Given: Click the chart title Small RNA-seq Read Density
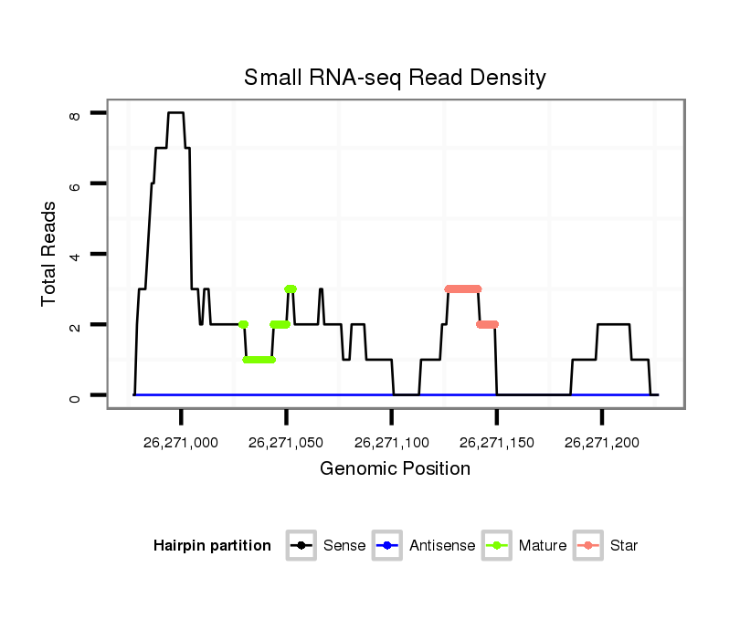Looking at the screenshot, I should tap(395, 78).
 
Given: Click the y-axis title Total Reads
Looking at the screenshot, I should tap(49, 254).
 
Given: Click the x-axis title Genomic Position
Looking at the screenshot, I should tap(395, 469).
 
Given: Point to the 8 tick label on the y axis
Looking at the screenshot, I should tap(75, 113).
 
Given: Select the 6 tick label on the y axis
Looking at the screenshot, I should tap(75, 184).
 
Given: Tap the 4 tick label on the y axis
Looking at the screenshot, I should tap(75, 254).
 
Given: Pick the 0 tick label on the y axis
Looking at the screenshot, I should tap(75, 395).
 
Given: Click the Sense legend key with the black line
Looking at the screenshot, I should tap(301, 546).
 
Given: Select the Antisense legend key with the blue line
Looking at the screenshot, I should tap(387, 546).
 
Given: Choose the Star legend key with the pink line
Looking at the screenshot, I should tap(588, 546).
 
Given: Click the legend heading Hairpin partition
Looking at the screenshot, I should tap(212, 546).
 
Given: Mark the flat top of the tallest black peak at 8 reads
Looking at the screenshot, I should tap(176, 112).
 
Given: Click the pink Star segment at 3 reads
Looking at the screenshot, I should tap(463, 289).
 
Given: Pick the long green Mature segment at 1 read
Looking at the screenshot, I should tap(259, 360).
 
